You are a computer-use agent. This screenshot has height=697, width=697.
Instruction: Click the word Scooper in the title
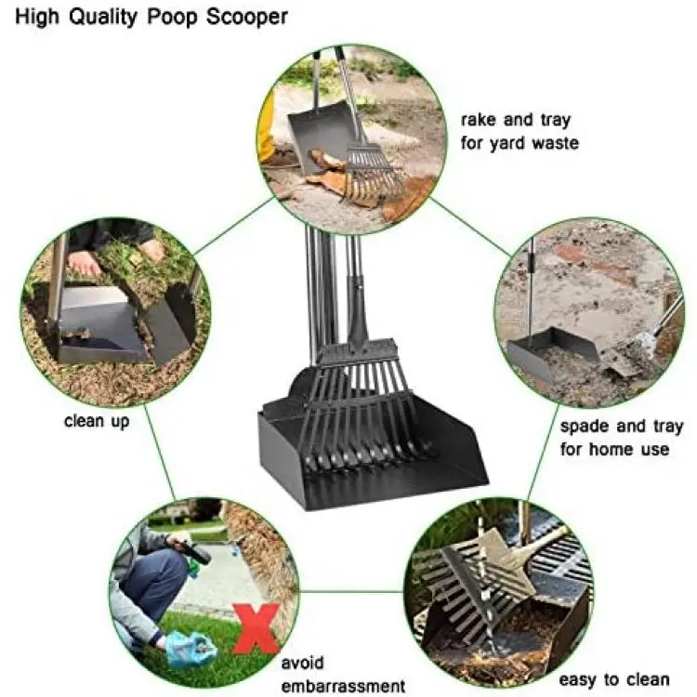246,18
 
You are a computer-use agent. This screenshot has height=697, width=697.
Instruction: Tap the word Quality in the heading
102,18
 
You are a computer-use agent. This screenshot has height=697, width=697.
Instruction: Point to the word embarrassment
343,686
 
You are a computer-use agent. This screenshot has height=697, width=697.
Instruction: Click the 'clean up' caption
97,421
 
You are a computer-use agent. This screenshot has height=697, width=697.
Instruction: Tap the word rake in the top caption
478,120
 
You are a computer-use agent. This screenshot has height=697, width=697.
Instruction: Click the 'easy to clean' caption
614,679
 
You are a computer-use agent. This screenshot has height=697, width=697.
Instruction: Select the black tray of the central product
373,454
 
